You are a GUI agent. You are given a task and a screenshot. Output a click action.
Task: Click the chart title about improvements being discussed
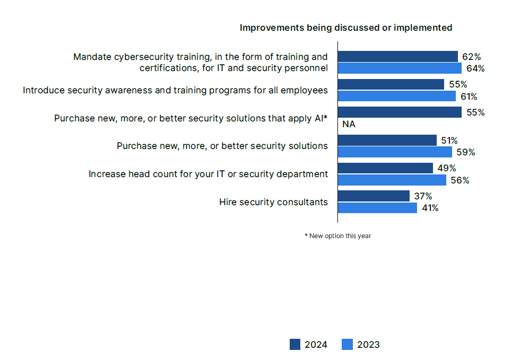tap(346, 28)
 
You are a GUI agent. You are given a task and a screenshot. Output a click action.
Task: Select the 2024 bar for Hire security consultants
tap(374, 196)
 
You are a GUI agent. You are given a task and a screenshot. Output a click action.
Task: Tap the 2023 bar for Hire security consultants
tap(377, 208)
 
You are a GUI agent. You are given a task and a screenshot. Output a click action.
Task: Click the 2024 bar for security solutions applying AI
tap(400, 112)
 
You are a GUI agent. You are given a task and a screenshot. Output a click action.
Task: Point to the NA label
tap(349, 125)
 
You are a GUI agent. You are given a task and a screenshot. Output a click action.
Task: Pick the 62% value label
tap(471, 56)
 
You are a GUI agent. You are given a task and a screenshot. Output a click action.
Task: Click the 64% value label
tap(475, 68)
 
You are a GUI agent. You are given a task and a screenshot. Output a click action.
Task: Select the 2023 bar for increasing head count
tap(392, 180)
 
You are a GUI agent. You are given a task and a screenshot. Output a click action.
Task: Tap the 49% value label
tap(447, 168)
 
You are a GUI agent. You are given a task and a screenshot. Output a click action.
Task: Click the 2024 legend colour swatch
tap(296, 345)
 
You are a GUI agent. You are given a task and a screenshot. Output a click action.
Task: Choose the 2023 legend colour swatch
tap(348, 345)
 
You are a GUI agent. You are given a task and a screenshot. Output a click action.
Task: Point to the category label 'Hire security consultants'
tap(273, 202)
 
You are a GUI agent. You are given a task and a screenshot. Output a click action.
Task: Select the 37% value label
tap(423, 196)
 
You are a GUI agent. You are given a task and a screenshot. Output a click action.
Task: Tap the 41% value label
tap(430, 208)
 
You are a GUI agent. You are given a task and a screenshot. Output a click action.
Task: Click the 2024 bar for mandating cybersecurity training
tap(397, 57)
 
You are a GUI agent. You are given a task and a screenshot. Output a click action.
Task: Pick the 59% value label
tap(465, 152)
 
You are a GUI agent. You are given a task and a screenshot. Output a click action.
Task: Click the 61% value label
tap(469, 96)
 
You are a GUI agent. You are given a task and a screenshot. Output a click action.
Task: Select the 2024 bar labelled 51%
tap(387, 140)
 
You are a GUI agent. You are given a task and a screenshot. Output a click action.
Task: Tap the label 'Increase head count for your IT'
tap(208, 174)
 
